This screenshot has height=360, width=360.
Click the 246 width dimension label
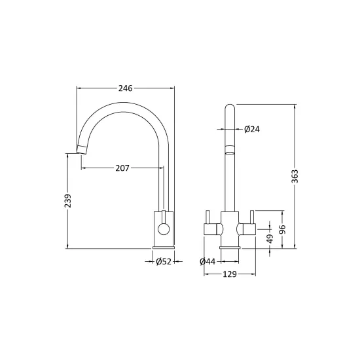(126, 88)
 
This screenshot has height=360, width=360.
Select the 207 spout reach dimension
(122, 168)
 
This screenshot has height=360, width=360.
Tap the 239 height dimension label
(67, 201)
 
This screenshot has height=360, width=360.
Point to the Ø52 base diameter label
(164, 262)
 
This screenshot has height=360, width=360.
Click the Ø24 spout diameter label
(252, 129)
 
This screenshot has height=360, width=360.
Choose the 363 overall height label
(295, 176)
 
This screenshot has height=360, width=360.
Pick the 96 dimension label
(282, 229)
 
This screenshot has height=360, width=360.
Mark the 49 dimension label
(270, 239)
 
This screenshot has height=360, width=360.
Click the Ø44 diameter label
(207, 262)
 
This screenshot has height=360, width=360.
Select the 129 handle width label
(230, 274)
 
